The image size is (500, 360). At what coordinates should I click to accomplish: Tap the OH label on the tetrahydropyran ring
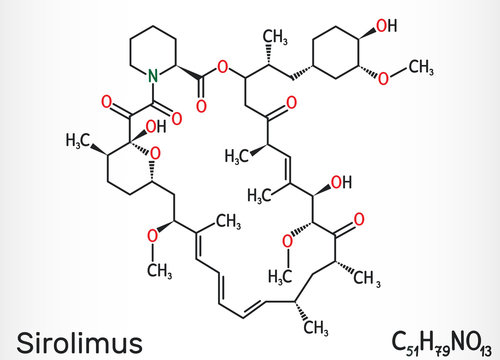(154, 125)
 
